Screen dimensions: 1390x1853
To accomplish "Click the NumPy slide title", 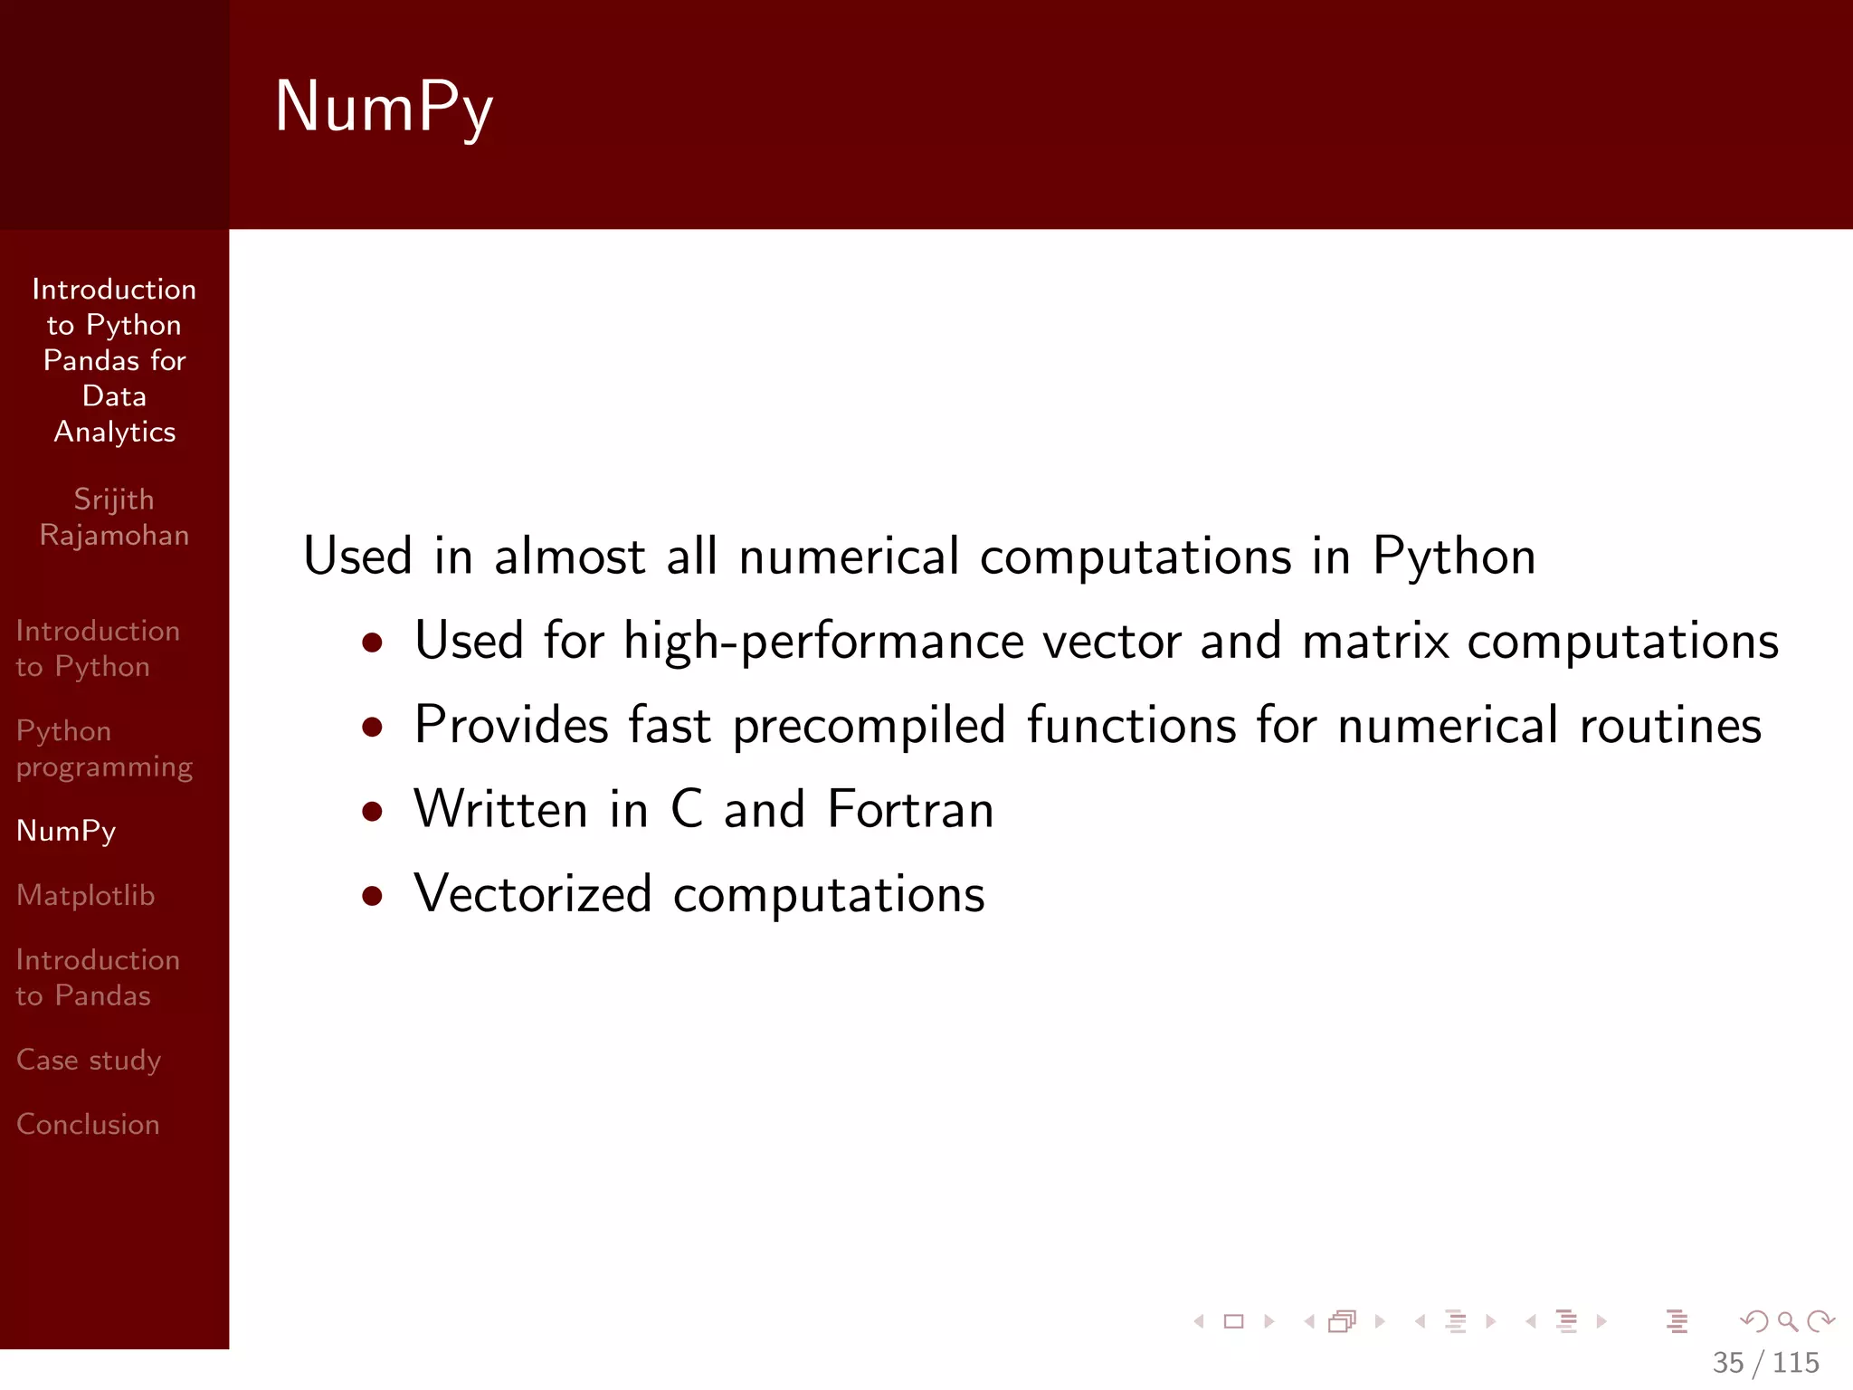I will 384,107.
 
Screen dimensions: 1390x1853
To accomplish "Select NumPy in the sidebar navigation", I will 66,831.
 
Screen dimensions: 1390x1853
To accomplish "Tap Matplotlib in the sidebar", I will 86,895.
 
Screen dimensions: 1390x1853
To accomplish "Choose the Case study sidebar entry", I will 89,1060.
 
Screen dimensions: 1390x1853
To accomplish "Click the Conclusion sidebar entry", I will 88,1124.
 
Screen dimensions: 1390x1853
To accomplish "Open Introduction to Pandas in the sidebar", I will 98,977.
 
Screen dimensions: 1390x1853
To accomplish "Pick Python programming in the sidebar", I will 104,748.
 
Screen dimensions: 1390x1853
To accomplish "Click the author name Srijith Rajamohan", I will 114,517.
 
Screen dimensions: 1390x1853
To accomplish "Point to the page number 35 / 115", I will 1765,1362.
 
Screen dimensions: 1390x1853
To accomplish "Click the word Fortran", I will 910,809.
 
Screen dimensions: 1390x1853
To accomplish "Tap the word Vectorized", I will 533,894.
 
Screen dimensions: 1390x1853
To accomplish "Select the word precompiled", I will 869,726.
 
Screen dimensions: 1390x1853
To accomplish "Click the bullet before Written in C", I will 372,811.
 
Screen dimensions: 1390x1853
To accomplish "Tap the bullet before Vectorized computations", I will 372,896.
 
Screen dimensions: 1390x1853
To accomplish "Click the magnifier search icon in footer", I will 1787,1322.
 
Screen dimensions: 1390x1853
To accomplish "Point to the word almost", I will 569,556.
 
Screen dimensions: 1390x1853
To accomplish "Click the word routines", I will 1670,726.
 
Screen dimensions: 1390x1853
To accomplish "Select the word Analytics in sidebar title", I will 115,432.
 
